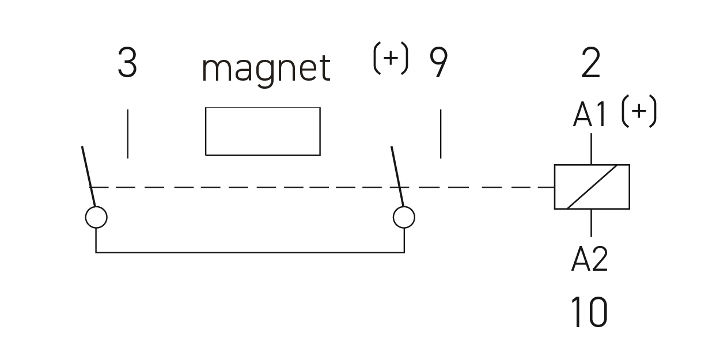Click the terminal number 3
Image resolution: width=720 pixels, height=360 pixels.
coord(127,63)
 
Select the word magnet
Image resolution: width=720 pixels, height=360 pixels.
coord(266,69)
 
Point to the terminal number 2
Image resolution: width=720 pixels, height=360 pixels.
coord(591,63)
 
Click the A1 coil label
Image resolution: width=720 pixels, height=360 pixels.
coord(590,116)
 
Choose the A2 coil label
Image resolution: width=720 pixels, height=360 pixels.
coord(589,259)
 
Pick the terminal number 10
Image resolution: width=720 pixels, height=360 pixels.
coord(589,313)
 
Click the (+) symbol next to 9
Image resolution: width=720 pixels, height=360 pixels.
coord(391,59)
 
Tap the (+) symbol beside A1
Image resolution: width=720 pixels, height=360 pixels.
coord(639,112)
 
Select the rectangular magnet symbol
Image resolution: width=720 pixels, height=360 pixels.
coord(263,131)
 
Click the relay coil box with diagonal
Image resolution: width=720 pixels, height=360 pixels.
coord(592,187)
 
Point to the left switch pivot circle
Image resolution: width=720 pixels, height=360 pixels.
coord(96,217)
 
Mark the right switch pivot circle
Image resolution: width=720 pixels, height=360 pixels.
coord(404,217)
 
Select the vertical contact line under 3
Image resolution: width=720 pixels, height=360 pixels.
coord(127,134)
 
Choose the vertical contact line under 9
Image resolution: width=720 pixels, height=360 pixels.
coord(441,134)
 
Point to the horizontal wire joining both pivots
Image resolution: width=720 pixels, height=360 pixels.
coord(250,252)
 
